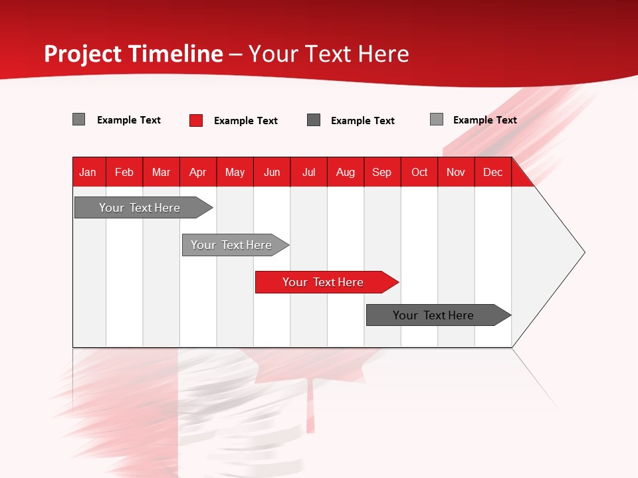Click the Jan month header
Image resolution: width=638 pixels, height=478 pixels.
pos(88,172)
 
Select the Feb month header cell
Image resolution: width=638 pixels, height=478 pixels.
pos(124,172)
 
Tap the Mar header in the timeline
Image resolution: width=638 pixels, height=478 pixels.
pos(161,172)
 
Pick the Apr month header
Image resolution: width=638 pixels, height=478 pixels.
pos(198,172)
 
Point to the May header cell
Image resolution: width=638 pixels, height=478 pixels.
pos(235,172)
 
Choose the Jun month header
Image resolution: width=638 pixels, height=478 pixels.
pos(272,172)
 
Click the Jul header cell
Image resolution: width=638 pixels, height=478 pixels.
pos(308,172)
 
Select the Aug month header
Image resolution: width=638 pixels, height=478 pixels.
pos(346,172)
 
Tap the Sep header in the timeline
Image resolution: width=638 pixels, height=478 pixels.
pos(382,172)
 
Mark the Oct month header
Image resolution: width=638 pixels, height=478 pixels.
pos(419,172)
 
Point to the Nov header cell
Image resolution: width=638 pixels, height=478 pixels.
pos(456,172)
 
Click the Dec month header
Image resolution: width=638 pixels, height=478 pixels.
pos(493,172)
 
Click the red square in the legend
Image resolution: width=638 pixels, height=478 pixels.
pos(196,120)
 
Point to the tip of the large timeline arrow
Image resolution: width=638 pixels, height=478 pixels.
pos(583,252)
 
